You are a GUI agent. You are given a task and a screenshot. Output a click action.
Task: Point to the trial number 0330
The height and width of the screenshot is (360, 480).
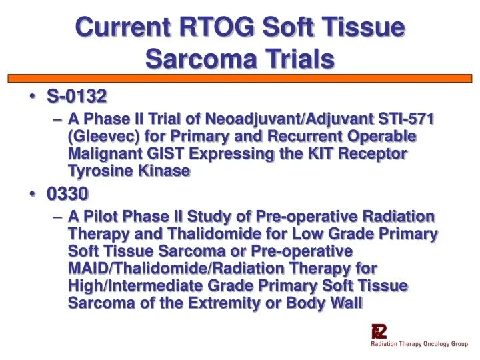[x=67, y=194]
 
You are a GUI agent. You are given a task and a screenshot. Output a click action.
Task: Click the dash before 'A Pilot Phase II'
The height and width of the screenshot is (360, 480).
[x=56, y=217]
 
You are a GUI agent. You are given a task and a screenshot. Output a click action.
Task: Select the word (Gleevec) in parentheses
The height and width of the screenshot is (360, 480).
[x=99, y=137]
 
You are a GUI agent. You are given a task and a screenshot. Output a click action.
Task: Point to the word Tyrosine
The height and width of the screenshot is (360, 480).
[x=99, y=171]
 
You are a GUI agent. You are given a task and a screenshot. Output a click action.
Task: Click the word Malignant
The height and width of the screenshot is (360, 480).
[x=103, y=154]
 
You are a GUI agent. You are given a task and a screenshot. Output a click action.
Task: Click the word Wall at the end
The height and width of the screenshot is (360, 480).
[x=345, y=304]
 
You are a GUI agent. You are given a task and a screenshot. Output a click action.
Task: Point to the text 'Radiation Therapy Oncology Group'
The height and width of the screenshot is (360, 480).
[x=419, y=344]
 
